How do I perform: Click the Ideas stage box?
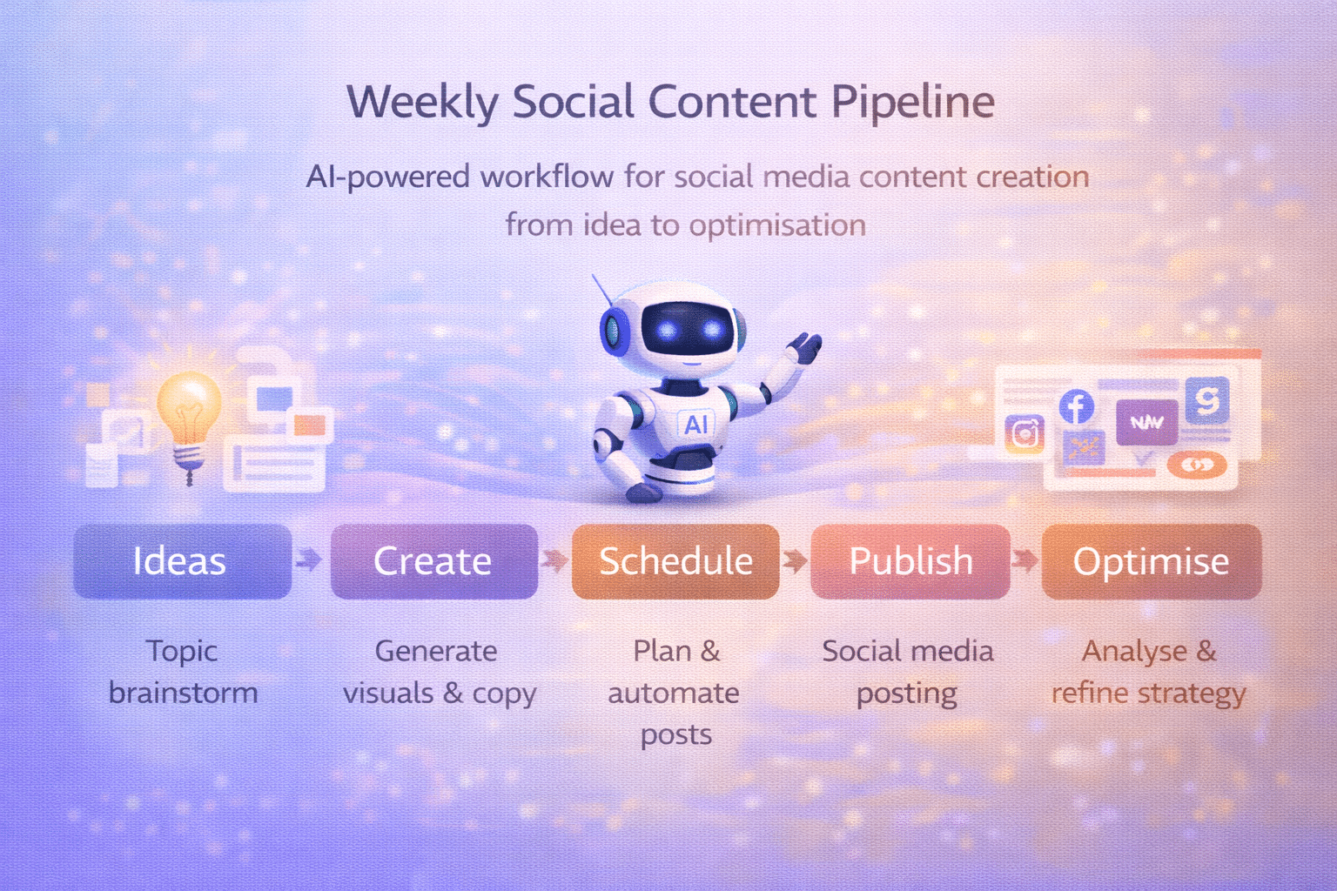[182, 561]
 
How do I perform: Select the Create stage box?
[433, 561]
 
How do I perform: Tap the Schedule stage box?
[675, 561]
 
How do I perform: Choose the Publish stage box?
[910, 561]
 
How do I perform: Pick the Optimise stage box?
[1151, 561]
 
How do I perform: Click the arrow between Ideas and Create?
[308, 559]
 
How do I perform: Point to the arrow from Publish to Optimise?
[1025, 559]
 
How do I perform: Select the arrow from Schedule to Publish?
[794, 559]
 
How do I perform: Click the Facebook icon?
[1077, 406]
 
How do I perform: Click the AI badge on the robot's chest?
[696, 425]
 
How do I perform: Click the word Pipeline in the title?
[912, 102]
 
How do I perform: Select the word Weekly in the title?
[422, 102]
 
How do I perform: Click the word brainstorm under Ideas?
[183, 693]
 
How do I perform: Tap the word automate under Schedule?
[674, 693]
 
